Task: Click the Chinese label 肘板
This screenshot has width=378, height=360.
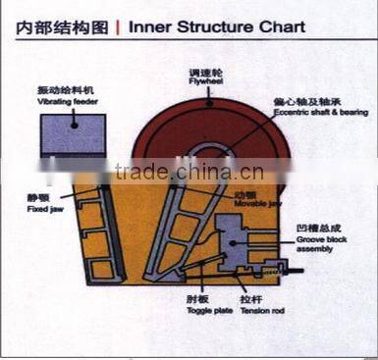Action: (205, 299)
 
